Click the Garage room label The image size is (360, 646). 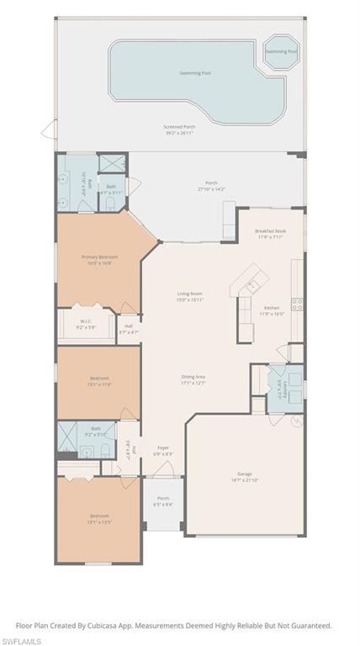click(x=245, y=474)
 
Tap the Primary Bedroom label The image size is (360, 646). click(x=99, y=257)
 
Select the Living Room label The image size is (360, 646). click(x=190, y=294)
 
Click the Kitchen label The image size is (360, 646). click(x=272, y=308)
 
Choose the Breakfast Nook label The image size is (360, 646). click(x=270, y=231)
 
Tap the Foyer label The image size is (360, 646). click(x=162, y=448)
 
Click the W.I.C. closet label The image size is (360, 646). click(x=86, y=320)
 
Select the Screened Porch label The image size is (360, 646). click(x=178, y=127)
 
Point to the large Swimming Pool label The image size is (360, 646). click(x=195, y=73)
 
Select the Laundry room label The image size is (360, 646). click(x=278, y=388)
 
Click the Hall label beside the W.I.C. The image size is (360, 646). click(x=129, y=326)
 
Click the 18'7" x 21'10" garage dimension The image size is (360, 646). click(x=245, y=480)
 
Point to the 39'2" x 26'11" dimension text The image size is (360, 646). click(x=178, y=133)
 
